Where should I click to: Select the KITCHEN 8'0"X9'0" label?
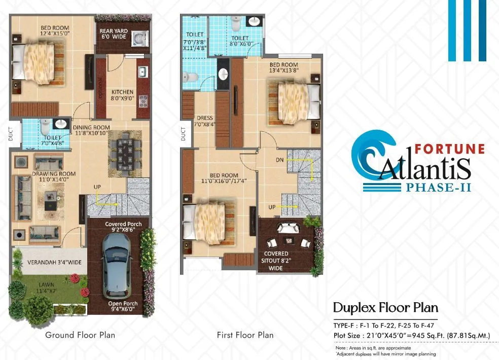pyautogui.click(x=122, y=96)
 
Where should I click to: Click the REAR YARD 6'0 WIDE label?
pyautogui.click(x=114, y=34)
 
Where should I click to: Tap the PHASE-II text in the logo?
pyautogui.click(x=439, y=188)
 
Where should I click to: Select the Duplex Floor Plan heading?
pyautogui.click(x=385, y=308)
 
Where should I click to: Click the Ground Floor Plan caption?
pyautogui.click(x=80, y=335)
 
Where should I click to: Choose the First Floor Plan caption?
pyautogui.click(x=245, y=335)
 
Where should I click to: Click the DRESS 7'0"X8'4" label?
pyautogui.click(x=205, y=122)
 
